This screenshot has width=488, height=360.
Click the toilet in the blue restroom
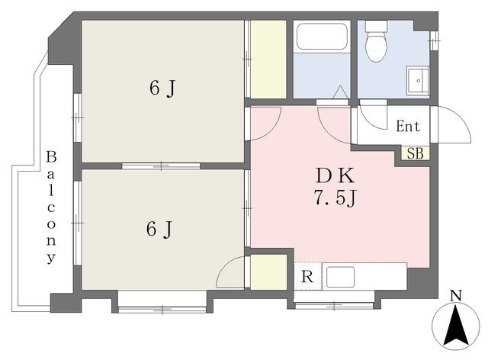pyautogui.click(x=376, y=41)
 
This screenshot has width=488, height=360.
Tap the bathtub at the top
pyautogui.click(x=322, y=37)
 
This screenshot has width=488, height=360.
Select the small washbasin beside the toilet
pyautogui.click(x=418, y=80)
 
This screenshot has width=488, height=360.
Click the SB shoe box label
pyautogui.click(x=416, y=153)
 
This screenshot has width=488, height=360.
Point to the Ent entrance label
pyautogui.click(x=408, y=126)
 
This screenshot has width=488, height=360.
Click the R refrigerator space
pyautogui.click(x=307, y=277)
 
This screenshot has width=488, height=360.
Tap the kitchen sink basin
pyautogui.click(x=340, y=277)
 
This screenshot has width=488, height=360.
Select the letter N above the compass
pyautogui.click(x=456, y=295)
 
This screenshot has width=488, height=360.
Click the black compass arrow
pyautogui.click(x=456, y=325)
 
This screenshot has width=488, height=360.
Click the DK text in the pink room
pyautogui.click(x=335, y=175)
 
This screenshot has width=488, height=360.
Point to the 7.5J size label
pyautogui.click(x=335, y=198)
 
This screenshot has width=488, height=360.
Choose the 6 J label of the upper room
pyautogui.click(x=162, y=88)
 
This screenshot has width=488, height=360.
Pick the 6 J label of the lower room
pyautogui.click(x=159, y=230)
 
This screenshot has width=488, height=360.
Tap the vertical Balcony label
pyautogui.click(x=51, y=207)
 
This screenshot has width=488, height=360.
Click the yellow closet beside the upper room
pyautogui.click(x=268, y=59)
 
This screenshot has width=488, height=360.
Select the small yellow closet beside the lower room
pyautogui.click(x=268, y=272)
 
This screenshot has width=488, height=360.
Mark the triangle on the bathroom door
pyautogui.click(x=340, y=92)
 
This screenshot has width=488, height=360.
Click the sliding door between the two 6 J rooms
pyautogui.click(x=161, y=166)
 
